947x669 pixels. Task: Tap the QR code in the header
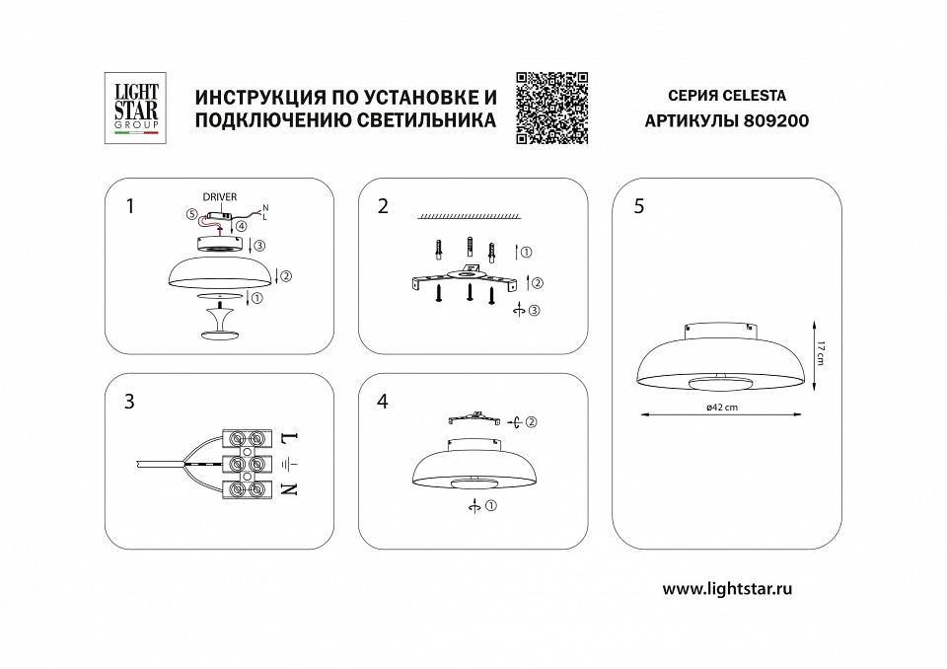pyautogui.click(x=551, y=108)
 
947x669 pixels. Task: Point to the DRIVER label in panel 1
pyautogui.click(x=219, y=197)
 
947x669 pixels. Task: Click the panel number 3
pyautogui.click(x=129, y=402)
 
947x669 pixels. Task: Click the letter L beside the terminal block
pyautogui.click(x=289, y=436)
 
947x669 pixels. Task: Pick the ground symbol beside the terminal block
pyautogui.click(x=288, y=463)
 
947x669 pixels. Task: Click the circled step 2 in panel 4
pyautogui.click(x=529, y=422)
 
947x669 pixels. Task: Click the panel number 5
pyautogui.click(x=639, y=206)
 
